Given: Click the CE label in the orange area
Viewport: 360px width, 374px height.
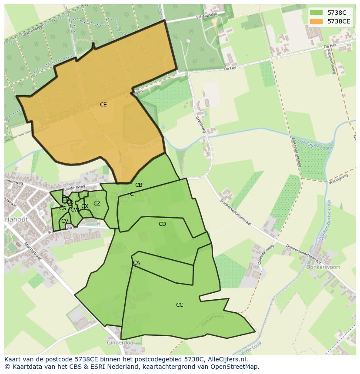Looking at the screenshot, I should coord(103,105).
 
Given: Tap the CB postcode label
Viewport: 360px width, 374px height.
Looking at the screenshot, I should coord(139,185).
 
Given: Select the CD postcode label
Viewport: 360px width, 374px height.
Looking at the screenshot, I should coord(162,224).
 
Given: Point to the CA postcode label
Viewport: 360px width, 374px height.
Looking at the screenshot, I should coord(137,263).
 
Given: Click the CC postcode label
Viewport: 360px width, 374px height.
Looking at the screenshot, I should coord(180,305).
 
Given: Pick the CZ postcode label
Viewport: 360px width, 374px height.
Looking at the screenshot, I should coord(97,204).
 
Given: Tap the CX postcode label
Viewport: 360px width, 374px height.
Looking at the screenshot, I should coord(85,206).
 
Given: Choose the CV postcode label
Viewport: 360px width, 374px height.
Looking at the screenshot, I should coord(64,221).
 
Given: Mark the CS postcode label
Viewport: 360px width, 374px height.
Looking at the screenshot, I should coord(63,209).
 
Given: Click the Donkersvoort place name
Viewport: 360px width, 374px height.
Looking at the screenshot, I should coord(323,267).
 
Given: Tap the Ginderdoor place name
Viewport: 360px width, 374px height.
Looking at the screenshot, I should coord(119,343).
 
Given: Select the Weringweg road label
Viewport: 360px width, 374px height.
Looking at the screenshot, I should coord(339,179).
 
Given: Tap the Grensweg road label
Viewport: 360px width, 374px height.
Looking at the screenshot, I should coord(200,124).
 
